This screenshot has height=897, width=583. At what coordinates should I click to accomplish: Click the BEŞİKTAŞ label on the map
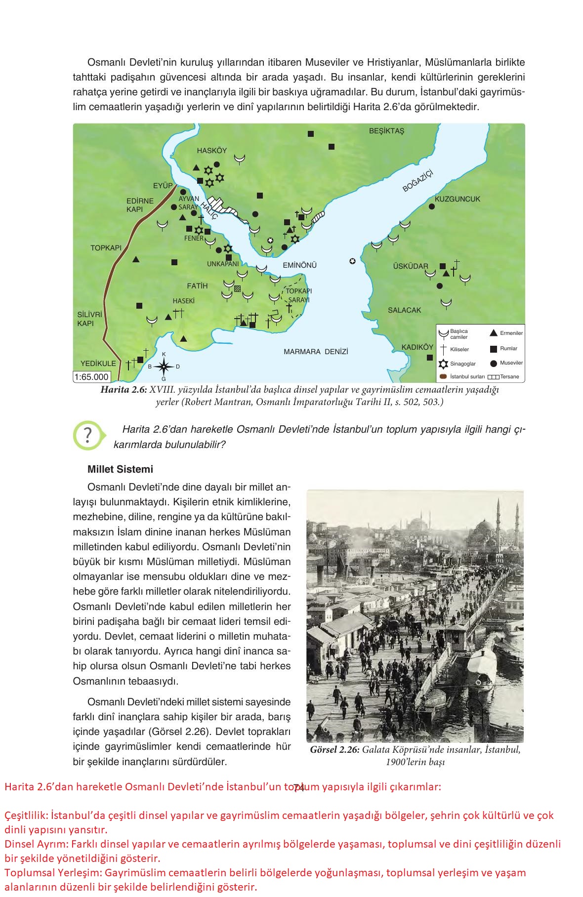pos(386,131)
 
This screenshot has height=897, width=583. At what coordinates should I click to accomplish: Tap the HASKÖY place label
pos(211,151)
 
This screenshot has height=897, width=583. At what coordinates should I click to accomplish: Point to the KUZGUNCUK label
pos(457,199)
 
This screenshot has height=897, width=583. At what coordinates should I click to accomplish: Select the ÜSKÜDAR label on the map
pos(410,266)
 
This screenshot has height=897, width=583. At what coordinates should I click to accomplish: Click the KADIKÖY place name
pos(417,347)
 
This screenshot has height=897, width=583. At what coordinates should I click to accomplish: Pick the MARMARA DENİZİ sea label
pos(316,352)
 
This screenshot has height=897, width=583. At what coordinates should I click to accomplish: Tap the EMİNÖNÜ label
pos(299,265)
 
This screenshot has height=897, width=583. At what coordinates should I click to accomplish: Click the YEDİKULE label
pos(98,364)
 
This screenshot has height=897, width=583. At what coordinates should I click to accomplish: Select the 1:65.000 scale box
pos(91,377)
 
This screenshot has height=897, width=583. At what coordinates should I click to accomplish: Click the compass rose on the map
pos(164,367)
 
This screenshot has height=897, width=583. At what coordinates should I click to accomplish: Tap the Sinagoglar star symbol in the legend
pos(443,364)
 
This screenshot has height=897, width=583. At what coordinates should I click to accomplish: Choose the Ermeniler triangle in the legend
pos(493,333)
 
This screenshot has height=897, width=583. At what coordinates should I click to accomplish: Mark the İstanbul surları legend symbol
pos(443,377)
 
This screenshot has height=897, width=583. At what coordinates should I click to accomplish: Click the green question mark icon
pos(88,436)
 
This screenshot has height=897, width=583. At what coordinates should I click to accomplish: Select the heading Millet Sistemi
pos(120,469)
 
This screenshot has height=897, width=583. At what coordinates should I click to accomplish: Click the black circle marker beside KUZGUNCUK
pos(431,206)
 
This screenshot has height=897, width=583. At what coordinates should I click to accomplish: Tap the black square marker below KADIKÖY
pos(429,357)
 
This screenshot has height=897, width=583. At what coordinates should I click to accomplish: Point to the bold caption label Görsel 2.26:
pos(334,750)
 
